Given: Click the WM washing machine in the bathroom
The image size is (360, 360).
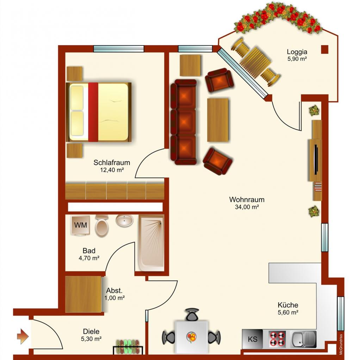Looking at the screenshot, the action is click(x=80, y=225).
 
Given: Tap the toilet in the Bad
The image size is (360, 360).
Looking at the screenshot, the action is click(x=102, y=226).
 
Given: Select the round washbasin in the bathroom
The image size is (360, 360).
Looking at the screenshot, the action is click(x=124, y=221).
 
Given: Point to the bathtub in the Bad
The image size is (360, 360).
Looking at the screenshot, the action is click(x=151, y=243).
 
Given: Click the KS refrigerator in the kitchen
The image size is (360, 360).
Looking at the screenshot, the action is click(x=252, y=339).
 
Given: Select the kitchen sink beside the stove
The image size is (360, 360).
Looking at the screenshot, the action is click(x=303, y=339).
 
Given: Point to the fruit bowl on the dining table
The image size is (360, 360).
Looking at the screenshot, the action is click(x=191, y=337).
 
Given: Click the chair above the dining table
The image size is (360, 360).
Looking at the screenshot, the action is click(x=192, y=315).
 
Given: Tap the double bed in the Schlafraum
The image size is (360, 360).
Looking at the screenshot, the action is click(x=99, y=112).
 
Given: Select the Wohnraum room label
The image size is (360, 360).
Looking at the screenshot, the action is click(x=247, y=199).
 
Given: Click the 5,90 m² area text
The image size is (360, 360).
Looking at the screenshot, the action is click(x=297, y=59).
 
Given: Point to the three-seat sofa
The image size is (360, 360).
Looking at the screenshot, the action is click(x=184, y=122).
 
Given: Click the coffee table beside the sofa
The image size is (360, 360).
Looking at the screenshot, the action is click(x=218, y=120).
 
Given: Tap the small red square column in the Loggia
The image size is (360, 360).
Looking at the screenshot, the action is click(x=325, y=49).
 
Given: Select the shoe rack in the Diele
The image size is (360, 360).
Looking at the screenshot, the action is click(x=128, y=347).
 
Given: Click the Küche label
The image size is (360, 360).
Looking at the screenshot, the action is click(x=288, y=305).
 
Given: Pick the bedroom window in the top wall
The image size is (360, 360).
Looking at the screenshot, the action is click(x=119, y=49).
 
